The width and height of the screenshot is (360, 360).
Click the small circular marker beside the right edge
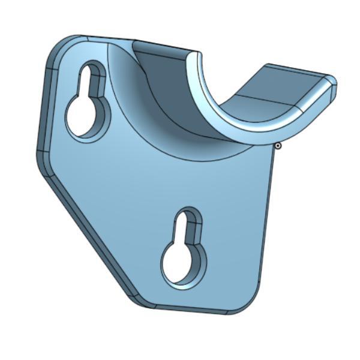[278, 145]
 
